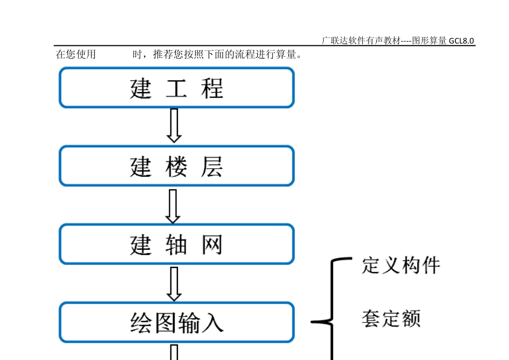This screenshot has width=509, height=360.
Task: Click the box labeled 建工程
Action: [176, 88]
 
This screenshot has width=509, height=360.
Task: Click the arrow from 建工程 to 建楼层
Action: [174, 125]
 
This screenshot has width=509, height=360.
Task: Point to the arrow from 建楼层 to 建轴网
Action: [173, 206]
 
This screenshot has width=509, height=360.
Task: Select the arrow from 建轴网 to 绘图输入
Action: [174, 284]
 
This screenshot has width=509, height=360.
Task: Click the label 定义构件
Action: [401, 265]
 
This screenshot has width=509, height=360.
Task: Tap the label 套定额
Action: [391, 318]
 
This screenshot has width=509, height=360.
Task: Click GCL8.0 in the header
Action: [461, 41]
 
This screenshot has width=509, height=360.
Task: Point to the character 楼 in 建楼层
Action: [176, 167]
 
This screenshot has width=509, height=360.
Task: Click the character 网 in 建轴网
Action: [212, 245]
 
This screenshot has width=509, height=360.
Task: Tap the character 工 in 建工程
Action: [176, 88]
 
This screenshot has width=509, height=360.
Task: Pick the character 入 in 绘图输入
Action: [213, 323]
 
